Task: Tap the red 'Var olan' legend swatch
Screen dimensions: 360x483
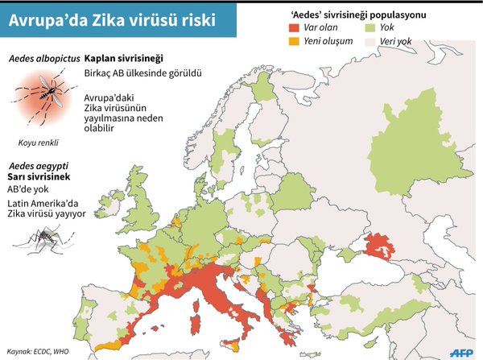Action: tap(294, 27)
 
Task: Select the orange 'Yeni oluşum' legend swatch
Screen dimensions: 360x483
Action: tap(294, 41)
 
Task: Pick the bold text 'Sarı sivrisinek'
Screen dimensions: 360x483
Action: tap(39, 176)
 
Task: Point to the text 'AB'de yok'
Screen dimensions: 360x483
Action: tap(29, 189)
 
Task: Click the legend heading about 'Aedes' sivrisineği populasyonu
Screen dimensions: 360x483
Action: tap(358, 14)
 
